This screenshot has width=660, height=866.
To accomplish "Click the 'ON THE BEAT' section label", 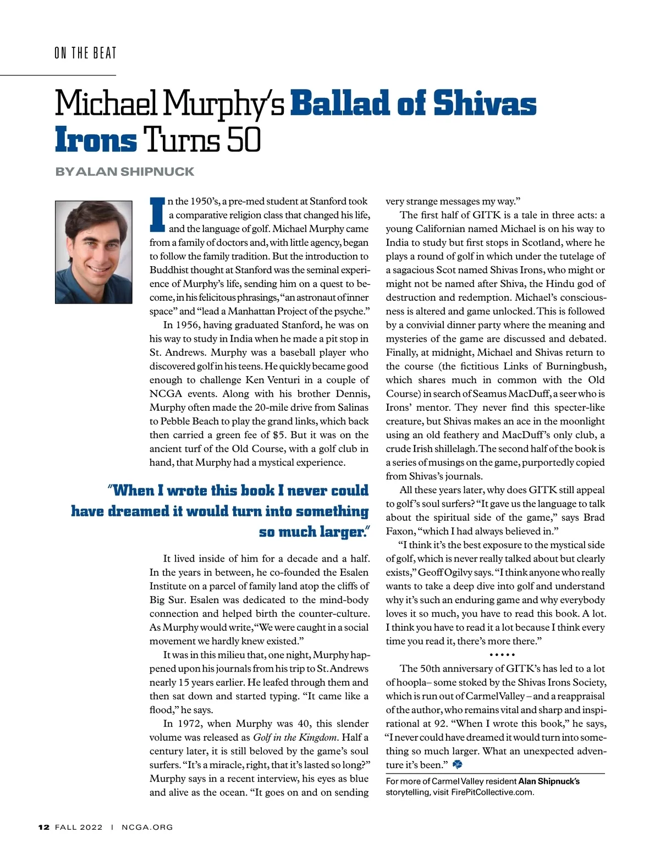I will pos(85,53).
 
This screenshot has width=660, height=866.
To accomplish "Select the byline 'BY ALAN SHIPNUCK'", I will pos(124,172).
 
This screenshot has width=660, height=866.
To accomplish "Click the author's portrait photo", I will pos(94,252).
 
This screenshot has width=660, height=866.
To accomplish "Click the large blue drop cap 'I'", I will pos(157,214).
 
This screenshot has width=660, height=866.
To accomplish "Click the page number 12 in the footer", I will pos(44,827).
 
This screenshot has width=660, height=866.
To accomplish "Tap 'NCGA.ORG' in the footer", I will pos(147,827).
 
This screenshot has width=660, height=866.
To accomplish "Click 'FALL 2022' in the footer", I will pos(79,827).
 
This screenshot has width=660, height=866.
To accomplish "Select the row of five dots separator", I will pos(502,655).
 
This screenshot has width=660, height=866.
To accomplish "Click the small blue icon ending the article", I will pos(458,764).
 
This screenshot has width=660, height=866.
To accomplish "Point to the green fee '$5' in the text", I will pos(279,435).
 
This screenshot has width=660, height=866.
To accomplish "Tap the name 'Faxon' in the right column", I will pos(400,531).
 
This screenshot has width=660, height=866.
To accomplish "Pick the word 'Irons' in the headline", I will pos(96,140).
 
